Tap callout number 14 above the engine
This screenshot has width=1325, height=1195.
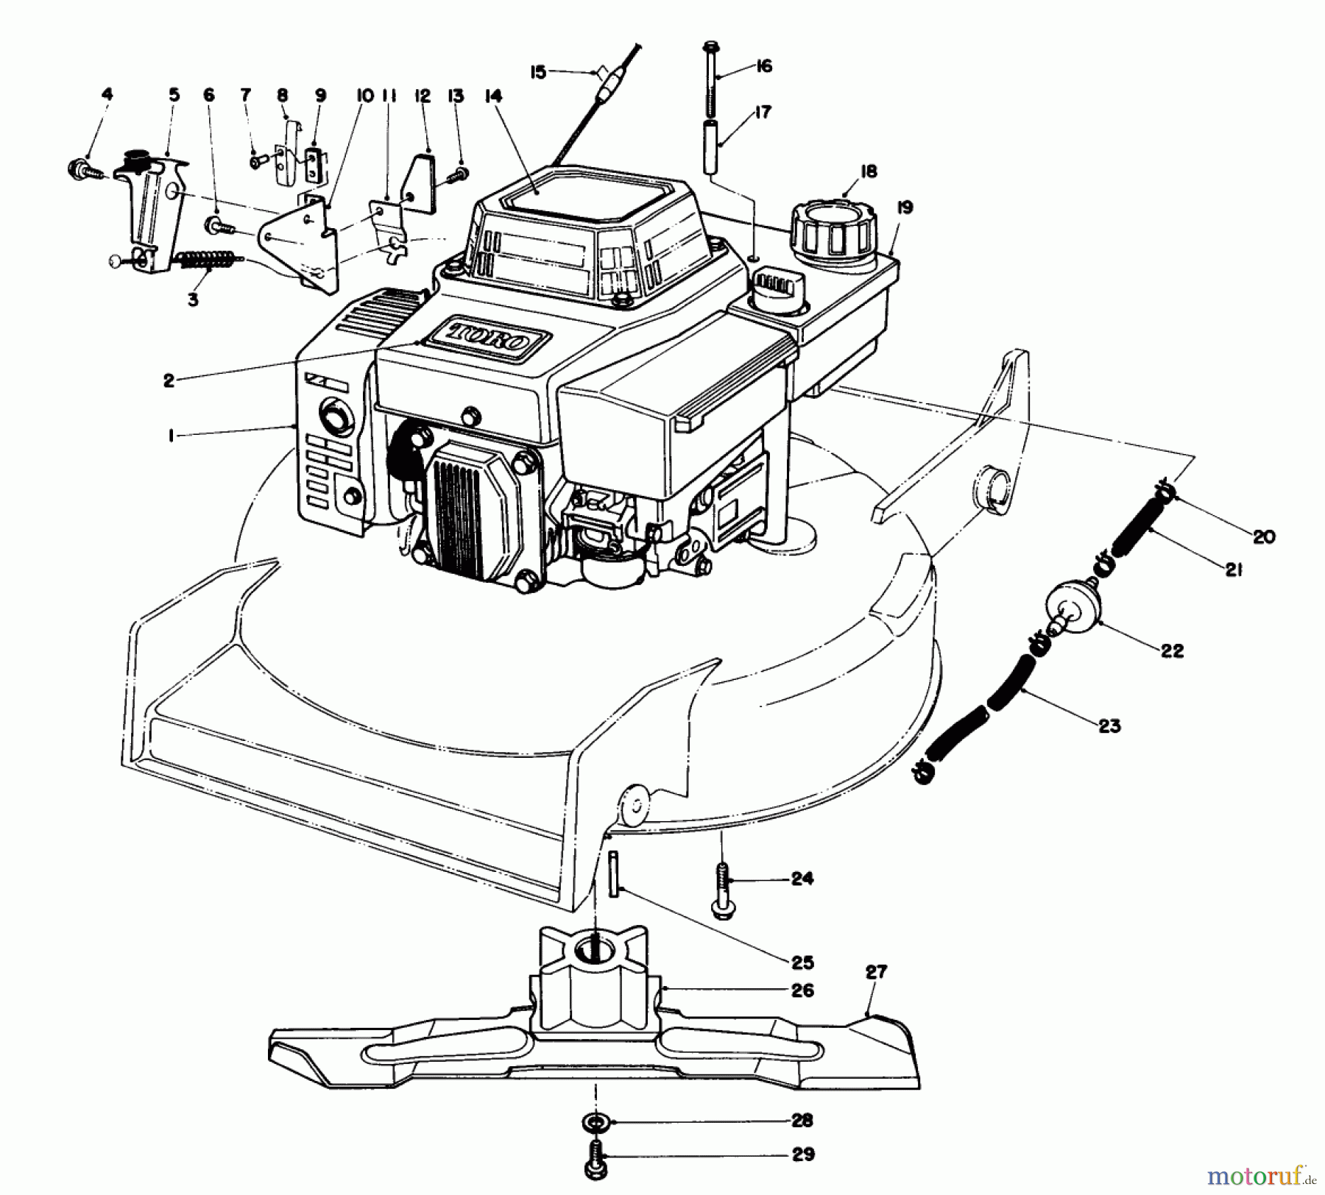click(493, 96)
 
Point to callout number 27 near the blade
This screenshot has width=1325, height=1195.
click(876, 972)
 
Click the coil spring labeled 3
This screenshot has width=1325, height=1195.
click(208, 261)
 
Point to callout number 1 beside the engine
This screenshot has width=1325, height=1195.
click(170, 436)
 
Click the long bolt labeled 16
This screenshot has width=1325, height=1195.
click(711, 81)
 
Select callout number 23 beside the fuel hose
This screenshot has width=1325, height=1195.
click(1109, 726)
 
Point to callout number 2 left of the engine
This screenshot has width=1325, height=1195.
click(169, 380)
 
